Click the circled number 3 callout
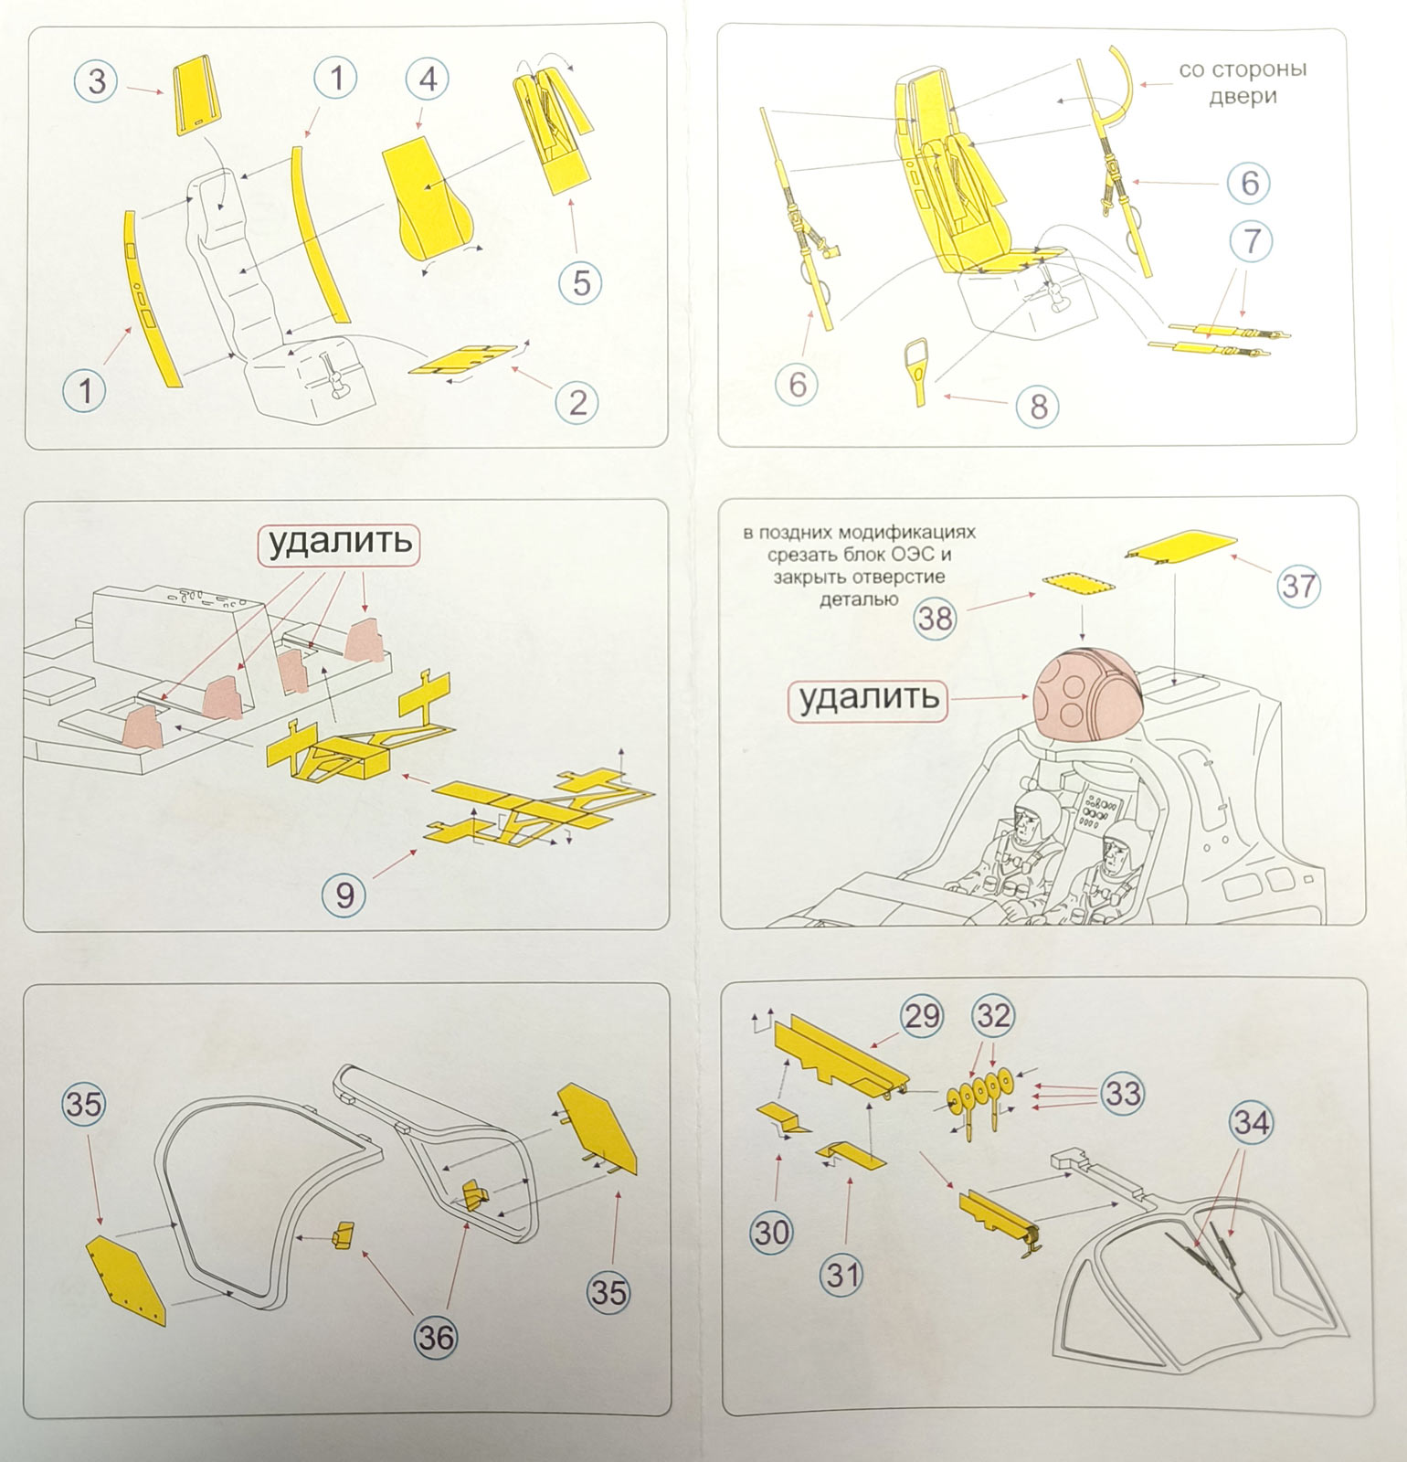(x=97, y=81)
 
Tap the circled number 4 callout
(x=427, y=79)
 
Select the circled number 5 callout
(x=581, y=282)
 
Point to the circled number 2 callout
(x=577, y=402)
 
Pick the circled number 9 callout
(x=345, y=894)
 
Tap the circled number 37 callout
(x=1298, y=585)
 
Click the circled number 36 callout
(x=436, y=1338)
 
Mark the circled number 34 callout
(x=1252, y=1122)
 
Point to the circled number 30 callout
(x=772, y=1233)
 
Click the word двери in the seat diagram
(x=1243, y=97)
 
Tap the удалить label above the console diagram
(x=339, y=544)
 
